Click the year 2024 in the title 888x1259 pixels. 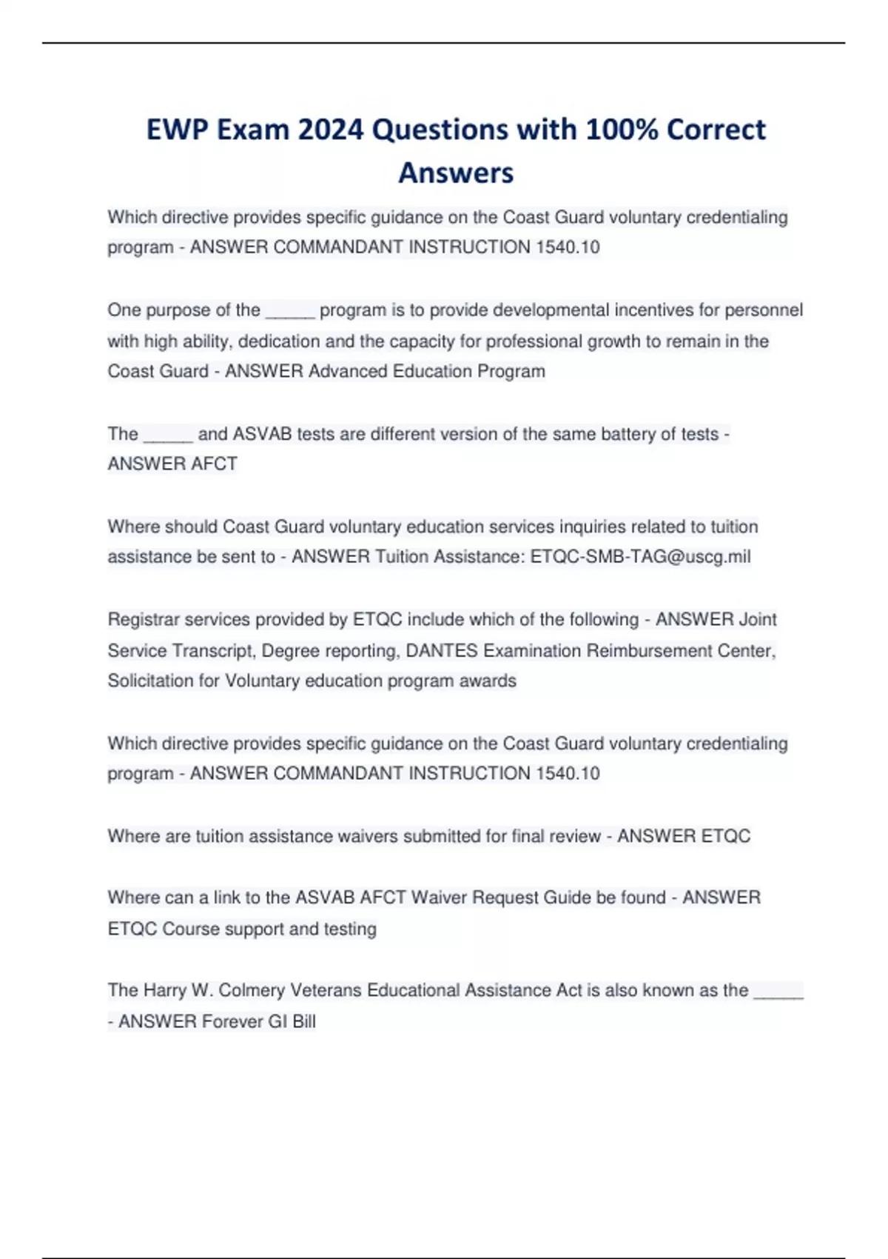pyautogui.click(x=331, y=130)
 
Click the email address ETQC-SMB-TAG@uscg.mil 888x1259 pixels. pyautogui.click(x=640, y=556)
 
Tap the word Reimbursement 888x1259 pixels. pyautogui.click(x=649, y=650)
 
